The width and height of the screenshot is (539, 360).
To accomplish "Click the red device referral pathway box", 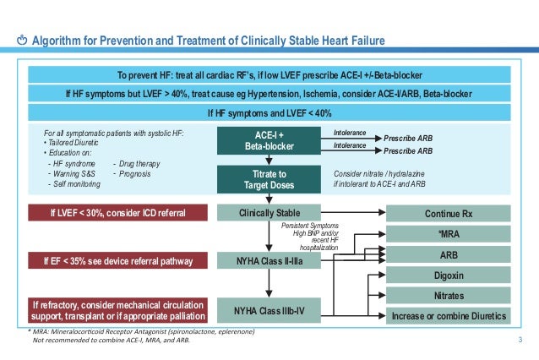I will (x=117, y=263).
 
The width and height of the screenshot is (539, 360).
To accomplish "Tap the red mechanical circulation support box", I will (x=117, y=310).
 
